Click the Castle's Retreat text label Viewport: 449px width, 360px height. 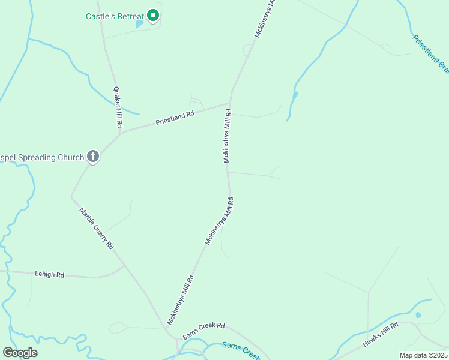click(x=113, y=15)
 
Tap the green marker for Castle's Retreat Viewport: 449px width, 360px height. click(x=153, y=15)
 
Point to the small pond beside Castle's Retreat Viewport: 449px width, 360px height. click(x=140, y=25)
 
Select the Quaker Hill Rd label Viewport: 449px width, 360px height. click(x=118, y=107)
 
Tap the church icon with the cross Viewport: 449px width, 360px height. click(x=93, y=157)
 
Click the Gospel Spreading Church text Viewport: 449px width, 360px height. click(x=42, y=158)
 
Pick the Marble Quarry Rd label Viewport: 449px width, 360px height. click(x=97, y=228)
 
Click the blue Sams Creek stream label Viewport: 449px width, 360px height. click(x=241, y=349)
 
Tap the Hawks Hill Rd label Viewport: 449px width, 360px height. click(x=380, y=335)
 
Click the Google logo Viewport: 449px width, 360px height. click(x=20, y=353)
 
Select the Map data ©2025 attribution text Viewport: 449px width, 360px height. click(x=423, y=355)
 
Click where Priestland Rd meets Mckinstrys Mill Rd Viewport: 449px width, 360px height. click(x=230, y=103)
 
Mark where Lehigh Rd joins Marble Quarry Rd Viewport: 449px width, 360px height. click(x=124, y=266)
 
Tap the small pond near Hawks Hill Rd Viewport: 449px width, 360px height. click(x=418, y=315)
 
